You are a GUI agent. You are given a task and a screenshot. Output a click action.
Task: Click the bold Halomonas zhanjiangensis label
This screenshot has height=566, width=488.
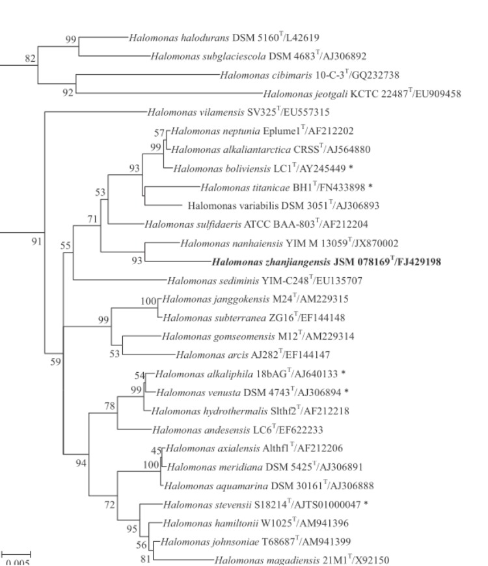click(271, 262)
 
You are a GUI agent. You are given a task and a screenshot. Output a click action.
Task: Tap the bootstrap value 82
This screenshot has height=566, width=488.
click(30, 59)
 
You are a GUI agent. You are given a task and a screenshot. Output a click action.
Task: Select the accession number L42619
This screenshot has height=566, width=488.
click(303, 38)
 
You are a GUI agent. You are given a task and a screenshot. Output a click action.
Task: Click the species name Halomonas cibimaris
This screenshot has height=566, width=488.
click(266, 75)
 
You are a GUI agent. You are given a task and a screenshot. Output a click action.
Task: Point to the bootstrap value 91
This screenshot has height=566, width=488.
click(37, 241)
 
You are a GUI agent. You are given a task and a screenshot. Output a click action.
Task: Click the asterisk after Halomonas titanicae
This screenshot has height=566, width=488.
click(370, 187)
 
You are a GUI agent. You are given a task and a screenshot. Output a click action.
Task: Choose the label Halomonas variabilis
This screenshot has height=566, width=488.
click(233, 206)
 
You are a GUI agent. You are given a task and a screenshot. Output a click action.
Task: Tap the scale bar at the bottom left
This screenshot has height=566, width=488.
click(16, 554)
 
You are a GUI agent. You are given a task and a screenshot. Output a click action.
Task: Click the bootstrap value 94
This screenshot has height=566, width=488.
click(81, 463)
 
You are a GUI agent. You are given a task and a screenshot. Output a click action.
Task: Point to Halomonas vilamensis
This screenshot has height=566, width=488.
click(196, 113)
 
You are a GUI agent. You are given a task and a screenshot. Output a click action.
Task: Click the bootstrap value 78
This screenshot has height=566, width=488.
click(110, 406)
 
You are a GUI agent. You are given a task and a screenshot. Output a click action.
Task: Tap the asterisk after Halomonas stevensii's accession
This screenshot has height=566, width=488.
click(366, 504)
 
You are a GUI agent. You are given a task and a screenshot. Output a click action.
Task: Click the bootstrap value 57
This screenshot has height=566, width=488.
click(159, 133)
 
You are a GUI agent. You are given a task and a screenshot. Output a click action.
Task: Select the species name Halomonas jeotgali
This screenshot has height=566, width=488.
click(305, 94)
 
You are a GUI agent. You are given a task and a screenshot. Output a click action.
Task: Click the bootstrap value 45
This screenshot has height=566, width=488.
click(156, 451)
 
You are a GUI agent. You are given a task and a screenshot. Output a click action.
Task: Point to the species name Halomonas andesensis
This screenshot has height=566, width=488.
click(201, 430)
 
